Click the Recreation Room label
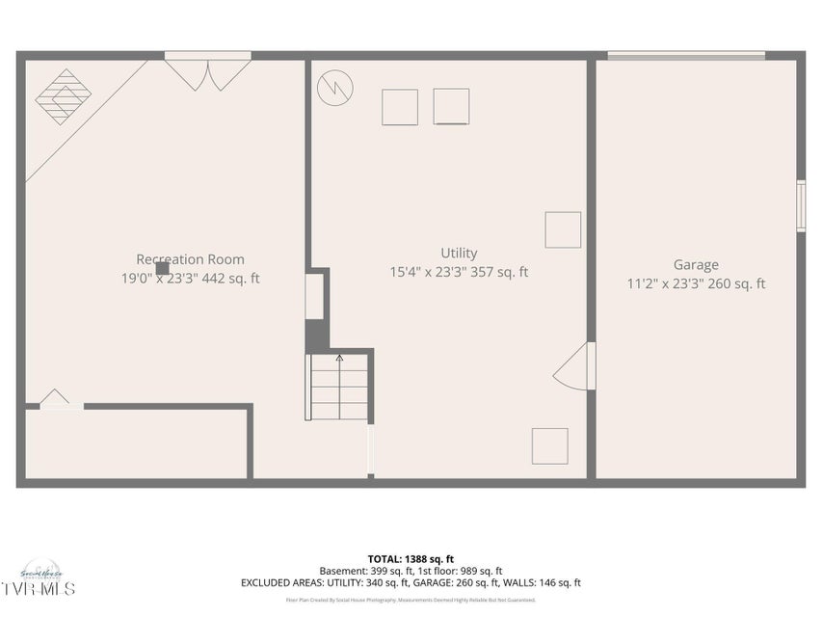190,259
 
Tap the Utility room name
459,254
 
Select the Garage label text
696,265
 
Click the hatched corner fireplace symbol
64,96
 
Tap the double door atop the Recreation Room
207,73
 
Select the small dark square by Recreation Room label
162,269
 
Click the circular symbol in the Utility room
335,88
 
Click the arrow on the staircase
339,360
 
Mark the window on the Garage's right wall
800,206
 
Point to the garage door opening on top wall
686,56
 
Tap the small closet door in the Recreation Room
54,399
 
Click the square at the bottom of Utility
549,446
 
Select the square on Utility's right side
563,230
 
